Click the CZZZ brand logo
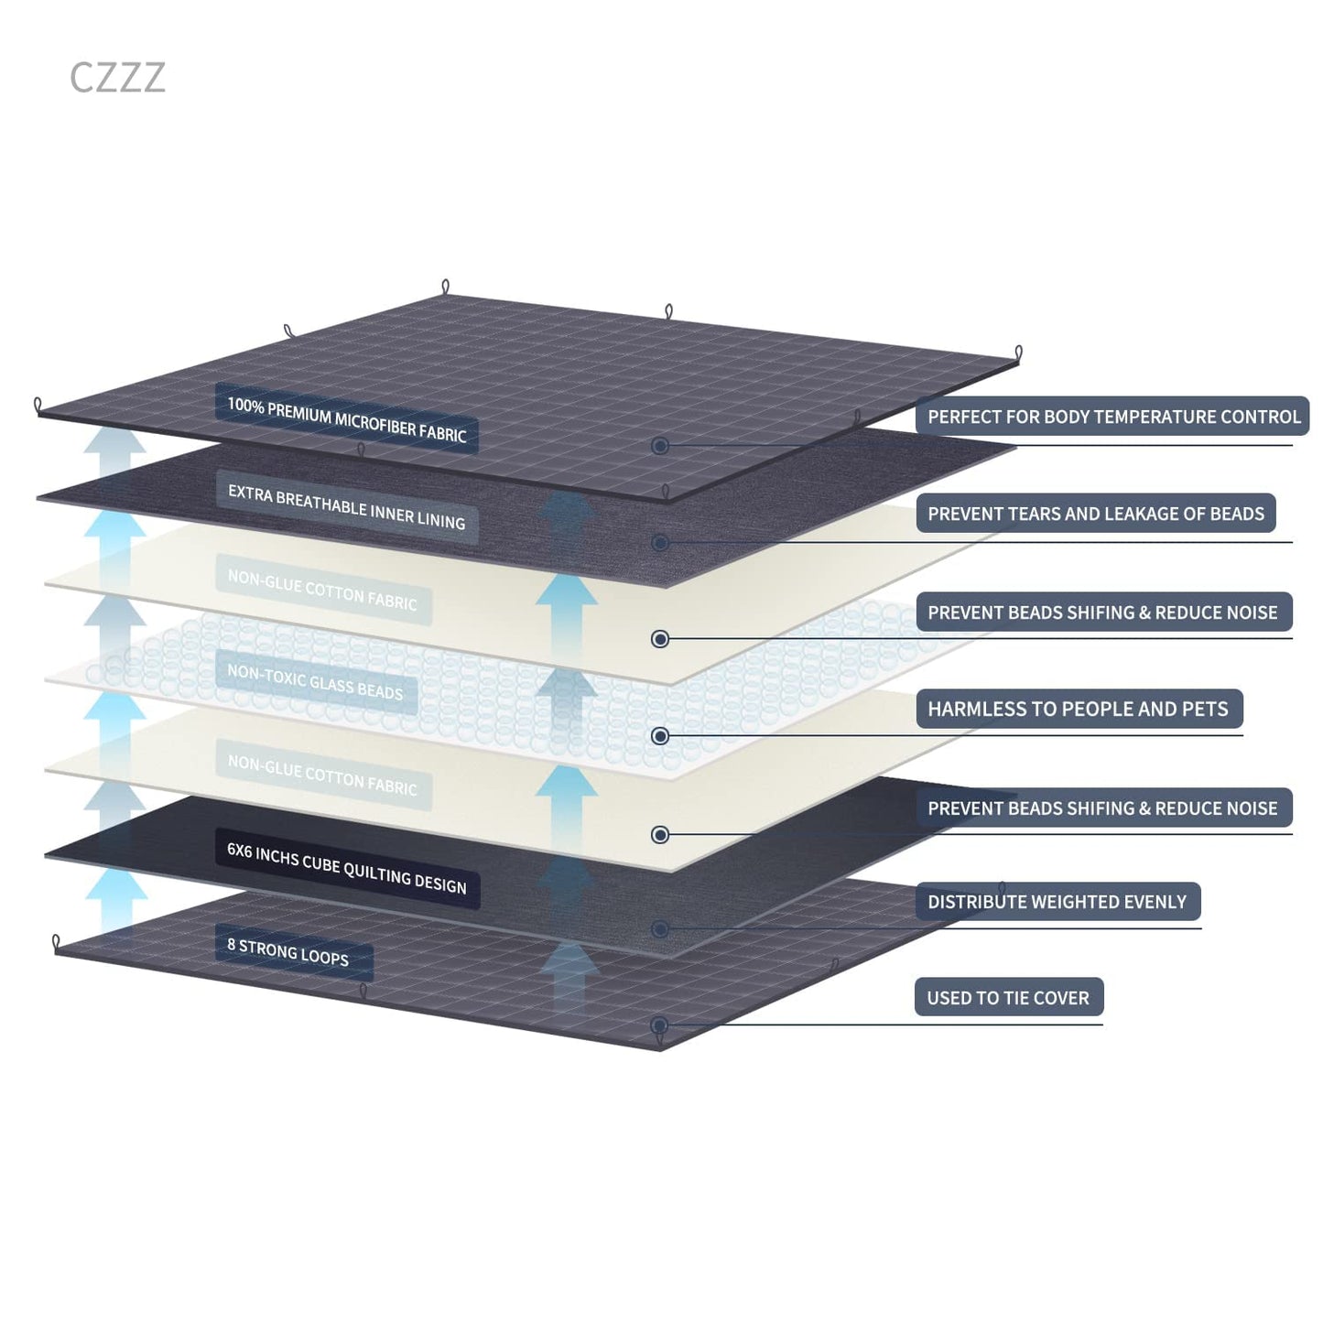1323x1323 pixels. [117, 77]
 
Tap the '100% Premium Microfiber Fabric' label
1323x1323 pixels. [347, 418]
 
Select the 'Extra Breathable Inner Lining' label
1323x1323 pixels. [347, 507]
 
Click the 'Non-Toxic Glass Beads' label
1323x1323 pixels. [315, 682]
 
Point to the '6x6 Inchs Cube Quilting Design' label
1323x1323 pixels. [347, 869]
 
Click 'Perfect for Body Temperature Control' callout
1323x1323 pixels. [1113, 416]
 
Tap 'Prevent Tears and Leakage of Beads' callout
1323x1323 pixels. [1096, 513]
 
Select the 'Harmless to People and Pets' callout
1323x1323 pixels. [1079, 709]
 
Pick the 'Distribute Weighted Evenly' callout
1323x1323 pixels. [1058, 902]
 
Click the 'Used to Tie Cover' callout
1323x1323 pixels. [1009, 997]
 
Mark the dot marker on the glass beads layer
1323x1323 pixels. [660, 736]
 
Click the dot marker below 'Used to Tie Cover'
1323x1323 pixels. [660, 1025]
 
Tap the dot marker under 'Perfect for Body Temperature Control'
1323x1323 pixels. [660, 446]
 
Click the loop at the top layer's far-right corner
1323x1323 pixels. [1019, 352]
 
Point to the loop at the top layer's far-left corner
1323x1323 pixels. [38, 405]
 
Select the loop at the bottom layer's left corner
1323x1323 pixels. [56, 943]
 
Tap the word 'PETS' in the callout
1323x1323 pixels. [1207, 709]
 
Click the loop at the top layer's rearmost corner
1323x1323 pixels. [446, 287]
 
